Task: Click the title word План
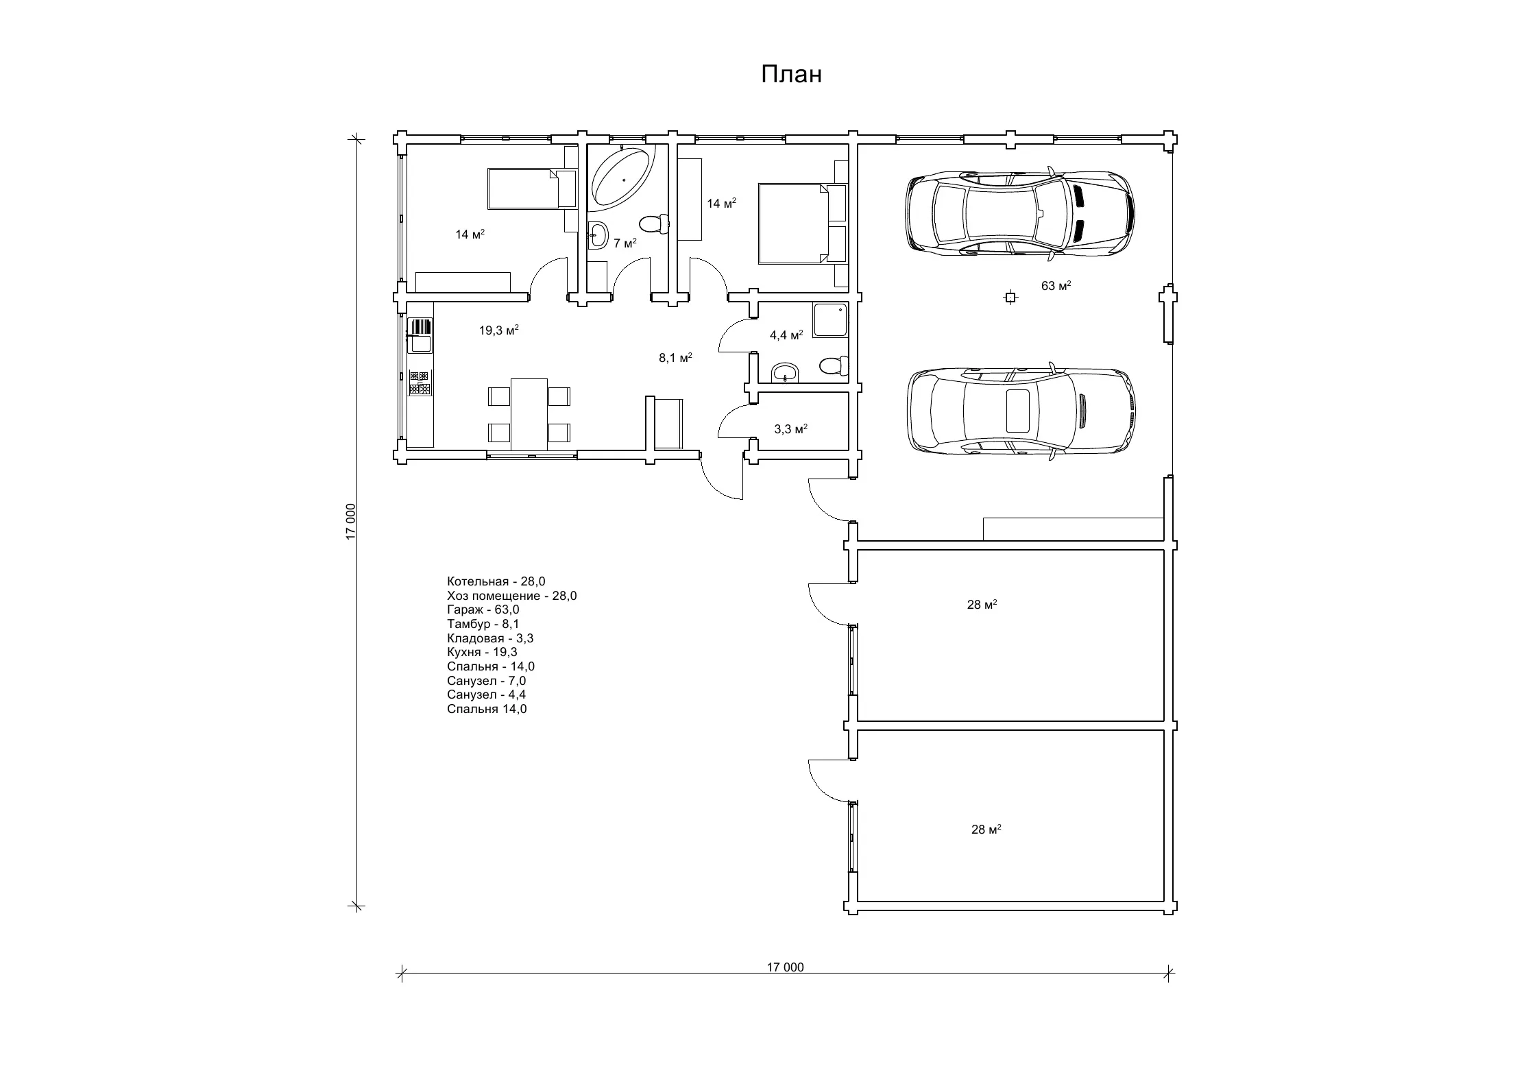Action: [791, 74]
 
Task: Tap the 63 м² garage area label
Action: [1056, 286]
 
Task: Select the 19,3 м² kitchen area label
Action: [498, 330]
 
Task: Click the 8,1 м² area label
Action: [675, 357]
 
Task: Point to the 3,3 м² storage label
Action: [790, 429]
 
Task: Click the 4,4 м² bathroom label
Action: [786, 335]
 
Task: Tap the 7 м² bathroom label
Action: [625, 243]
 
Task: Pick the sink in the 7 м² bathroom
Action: [597, 235]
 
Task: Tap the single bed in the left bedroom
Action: [531, 189]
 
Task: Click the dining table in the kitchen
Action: [529, 414]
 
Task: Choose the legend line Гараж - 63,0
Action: [483, 609]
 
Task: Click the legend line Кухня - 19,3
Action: [482, 652]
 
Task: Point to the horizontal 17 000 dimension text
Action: [785, 967]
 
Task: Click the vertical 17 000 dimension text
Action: [351, 522]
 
